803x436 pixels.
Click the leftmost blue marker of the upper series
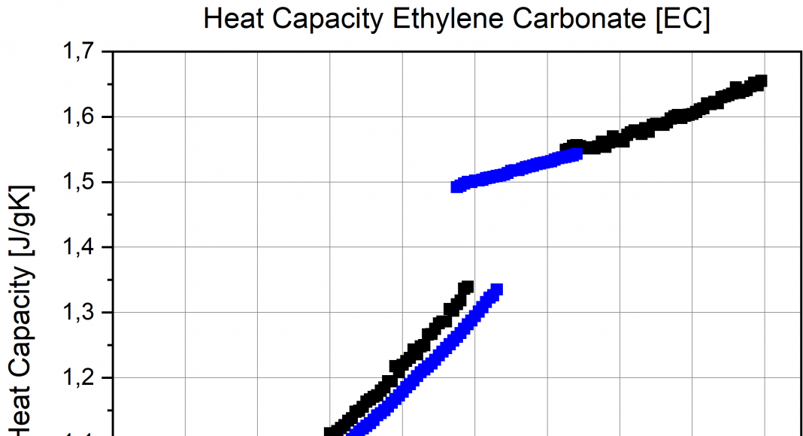[x=456, y=186]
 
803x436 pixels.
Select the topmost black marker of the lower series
[x=467, y=286]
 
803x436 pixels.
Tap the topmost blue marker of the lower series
[x=497, y=289]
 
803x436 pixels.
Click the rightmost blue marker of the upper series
[x=577, y=154]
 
